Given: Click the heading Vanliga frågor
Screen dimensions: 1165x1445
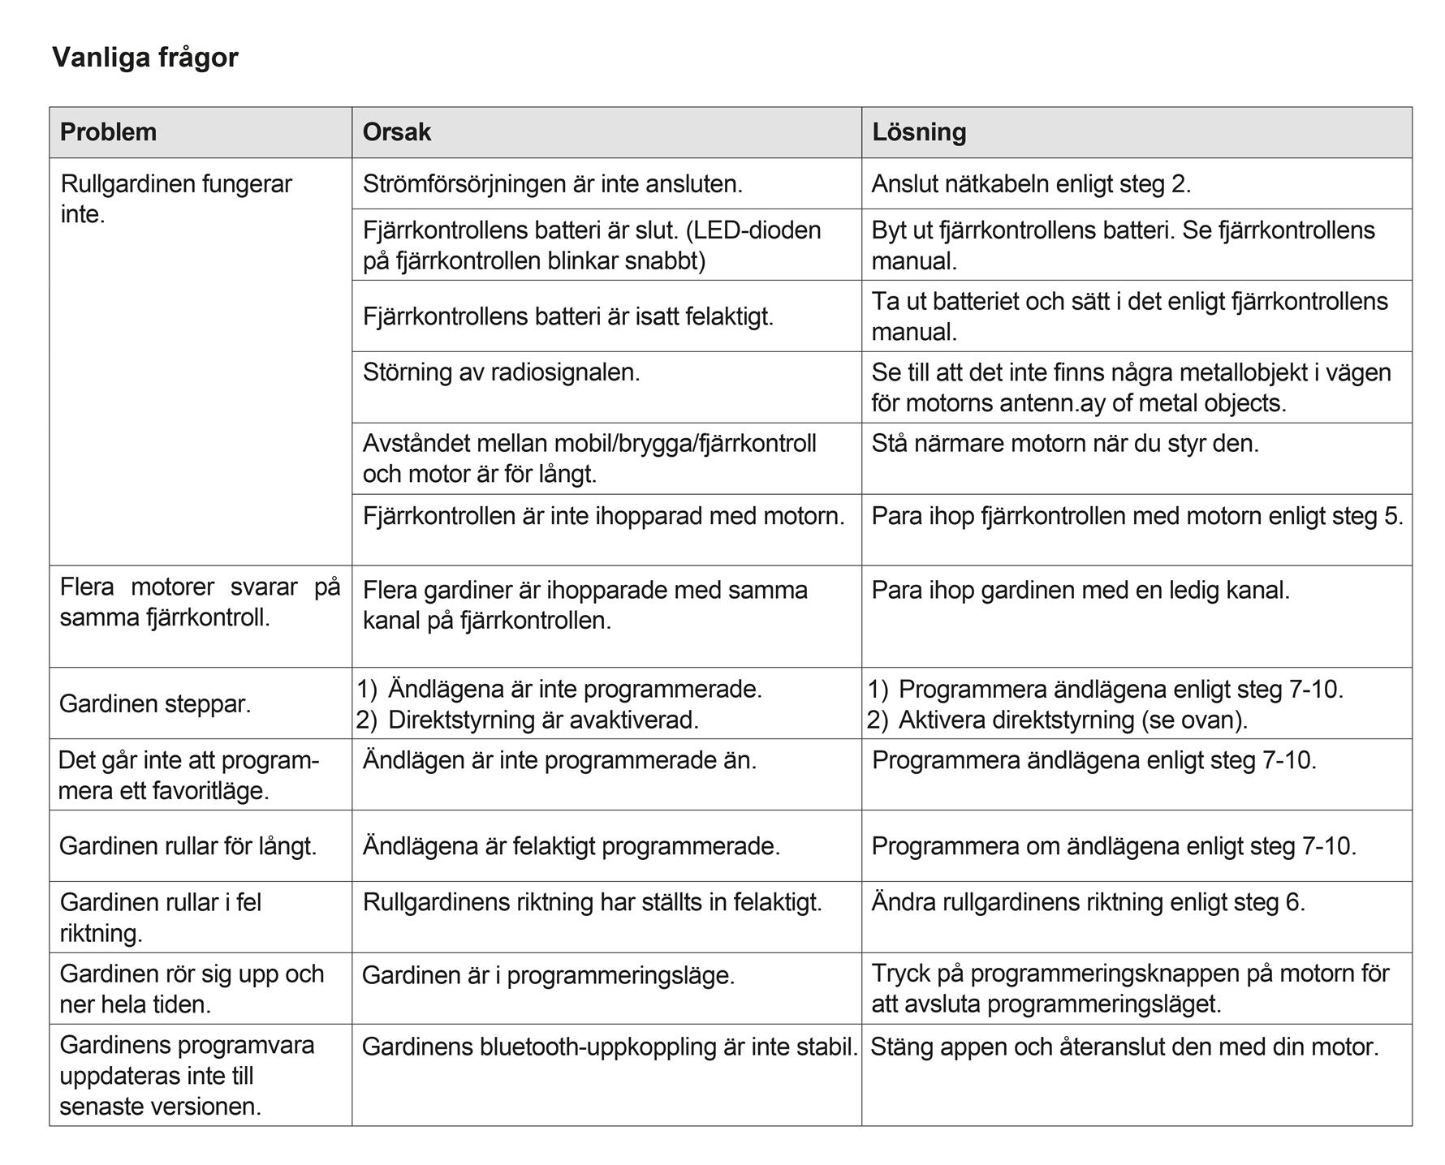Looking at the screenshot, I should (145, 58).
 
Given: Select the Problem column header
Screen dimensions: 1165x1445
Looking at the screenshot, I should (108, 132).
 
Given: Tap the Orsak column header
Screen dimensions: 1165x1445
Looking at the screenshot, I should (396, 132).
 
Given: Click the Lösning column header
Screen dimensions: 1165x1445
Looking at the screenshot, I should (919, 132).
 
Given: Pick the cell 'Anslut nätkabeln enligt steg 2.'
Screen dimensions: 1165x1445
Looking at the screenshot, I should (1031, 184).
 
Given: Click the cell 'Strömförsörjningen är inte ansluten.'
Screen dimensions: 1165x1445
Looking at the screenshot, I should (552, 184).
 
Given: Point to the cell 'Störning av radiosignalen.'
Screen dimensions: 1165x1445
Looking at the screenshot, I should (501, 372).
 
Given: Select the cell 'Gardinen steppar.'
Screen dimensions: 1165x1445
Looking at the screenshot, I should (155, 703).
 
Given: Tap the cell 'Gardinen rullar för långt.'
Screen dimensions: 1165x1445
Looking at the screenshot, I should (188, 846).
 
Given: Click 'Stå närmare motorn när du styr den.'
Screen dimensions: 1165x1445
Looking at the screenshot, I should (1065, 444).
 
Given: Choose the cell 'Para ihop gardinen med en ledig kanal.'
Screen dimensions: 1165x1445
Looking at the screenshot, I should (1081, 590).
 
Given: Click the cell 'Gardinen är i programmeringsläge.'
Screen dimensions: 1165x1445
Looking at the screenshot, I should (548, 974).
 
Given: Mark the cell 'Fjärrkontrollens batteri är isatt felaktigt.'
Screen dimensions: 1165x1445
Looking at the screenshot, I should (567, 316).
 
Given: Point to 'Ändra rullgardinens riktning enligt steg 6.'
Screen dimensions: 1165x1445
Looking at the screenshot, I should (1088, 902).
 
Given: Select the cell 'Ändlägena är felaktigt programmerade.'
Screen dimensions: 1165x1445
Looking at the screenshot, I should (571, 846).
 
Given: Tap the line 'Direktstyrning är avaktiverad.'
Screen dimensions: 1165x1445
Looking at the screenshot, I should (543, 720).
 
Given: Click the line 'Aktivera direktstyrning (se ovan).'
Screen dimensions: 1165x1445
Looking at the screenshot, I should (1072, 720).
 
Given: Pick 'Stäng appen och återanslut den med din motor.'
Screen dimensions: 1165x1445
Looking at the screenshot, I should (1124, 1047).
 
